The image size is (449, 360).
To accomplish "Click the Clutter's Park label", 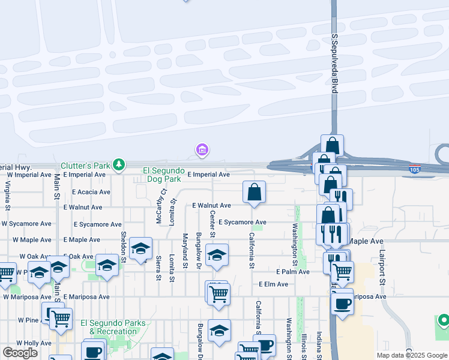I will (85, 166).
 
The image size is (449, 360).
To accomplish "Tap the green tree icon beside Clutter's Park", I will (119, 164).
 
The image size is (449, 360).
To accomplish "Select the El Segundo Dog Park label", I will (161, 175).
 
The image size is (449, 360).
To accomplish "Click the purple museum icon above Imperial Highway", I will (202, 149).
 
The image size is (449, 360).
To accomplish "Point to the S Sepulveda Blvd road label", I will (335, 63).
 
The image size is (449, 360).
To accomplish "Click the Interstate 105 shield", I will (414, 170).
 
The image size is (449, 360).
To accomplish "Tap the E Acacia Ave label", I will (91, 192).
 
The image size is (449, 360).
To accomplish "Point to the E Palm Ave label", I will (292, 272).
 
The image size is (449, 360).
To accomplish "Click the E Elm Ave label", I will (273, 284).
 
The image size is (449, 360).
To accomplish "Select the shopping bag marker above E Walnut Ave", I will (254, 193).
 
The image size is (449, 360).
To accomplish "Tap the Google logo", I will (20, 353).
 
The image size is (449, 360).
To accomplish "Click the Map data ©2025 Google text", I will (411, 355).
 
